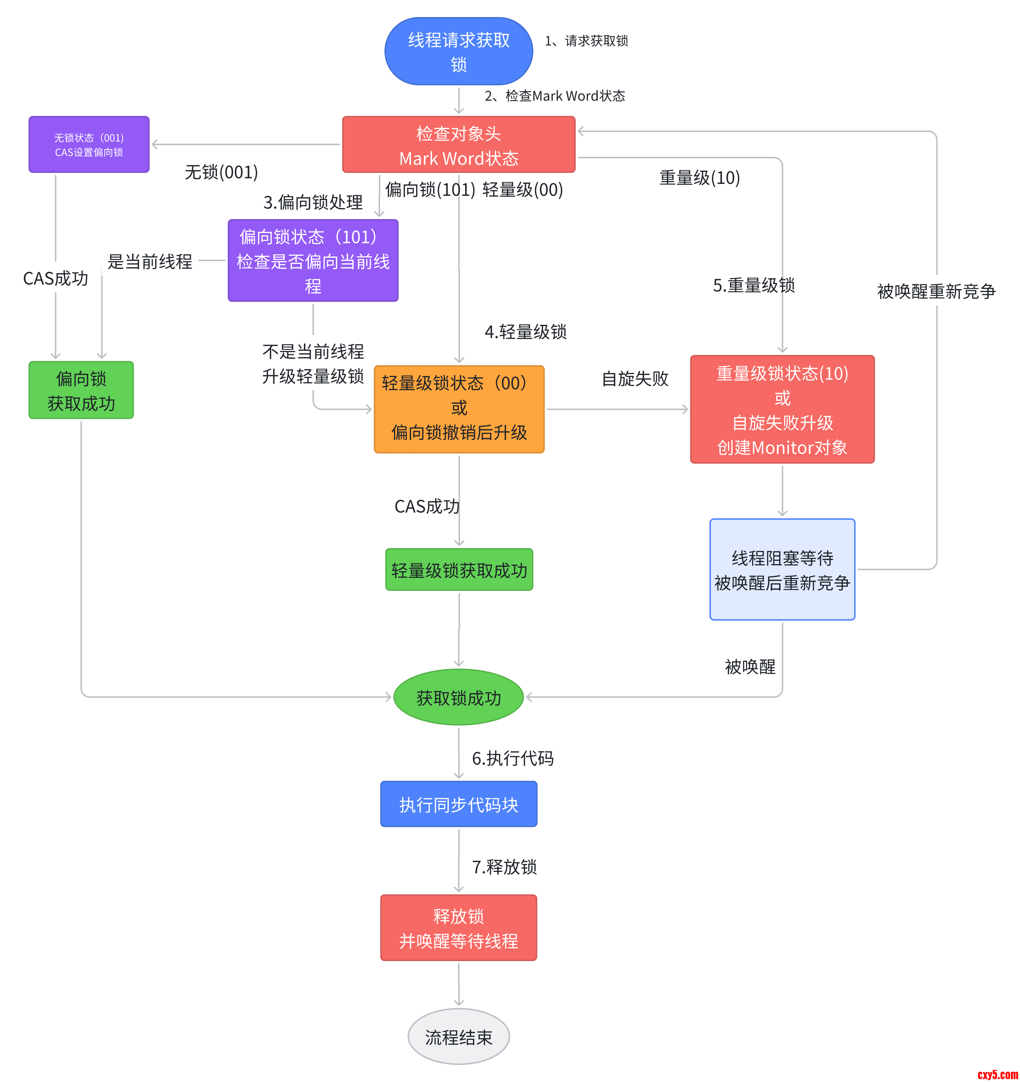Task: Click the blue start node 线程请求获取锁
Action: (x=458, y=51)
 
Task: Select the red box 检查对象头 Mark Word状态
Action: (x=458, y=145)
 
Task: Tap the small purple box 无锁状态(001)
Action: (x=89, y=145)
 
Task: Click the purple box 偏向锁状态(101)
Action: (x=313, y=261)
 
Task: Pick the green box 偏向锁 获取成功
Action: (x=81, y=390)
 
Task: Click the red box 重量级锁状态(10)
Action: (x=782, y=409)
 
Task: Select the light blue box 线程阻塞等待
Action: (x=782, y=569)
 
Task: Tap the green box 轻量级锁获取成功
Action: (x=459, y=570)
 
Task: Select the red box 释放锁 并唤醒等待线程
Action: (x=458, y=928)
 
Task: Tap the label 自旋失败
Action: (x=635, y=379)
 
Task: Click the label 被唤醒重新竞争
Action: (x=936, y=292)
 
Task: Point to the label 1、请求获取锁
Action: (x=587, y=41)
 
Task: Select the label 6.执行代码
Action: (x=512, y=758)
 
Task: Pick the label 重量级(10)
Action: (x=700, y=178)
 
